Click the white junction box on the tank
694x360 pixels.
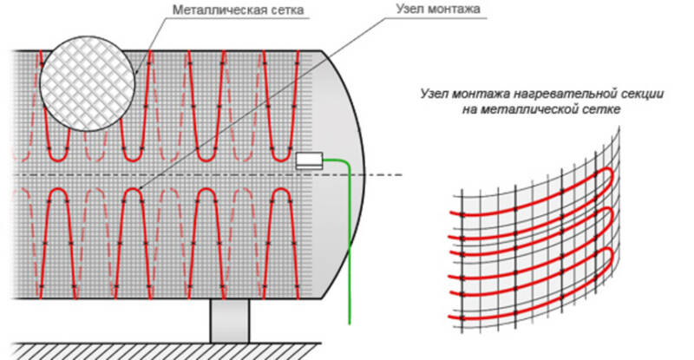[x=309, y=160]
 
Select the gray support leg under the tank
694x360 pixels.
[x=229, y=321]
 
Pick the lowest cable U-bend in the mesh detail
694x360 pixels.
[x=612, y=256]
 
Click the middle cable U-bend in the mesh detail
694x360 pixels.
[x=612, y=216]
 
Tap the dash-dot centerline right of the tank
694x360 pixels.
[x=383, y=175]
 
